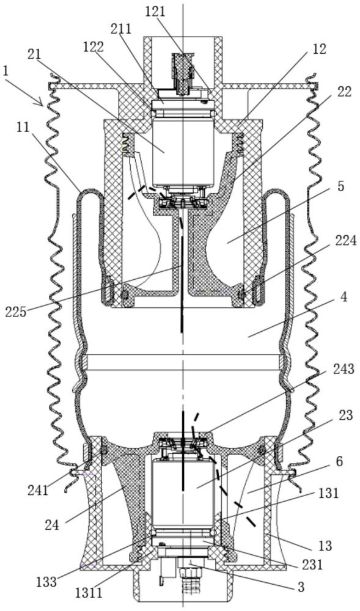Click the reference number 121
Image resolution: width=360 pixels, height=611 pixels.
(x=155, y=12)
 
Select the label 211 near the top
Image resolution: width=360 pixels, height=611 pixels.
(x=121, y=29)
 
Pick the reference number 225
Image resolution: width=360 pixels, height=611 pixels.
(x=16, y=312)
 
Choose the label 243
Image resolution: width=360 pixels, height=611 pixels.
(x=343, y=368)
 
